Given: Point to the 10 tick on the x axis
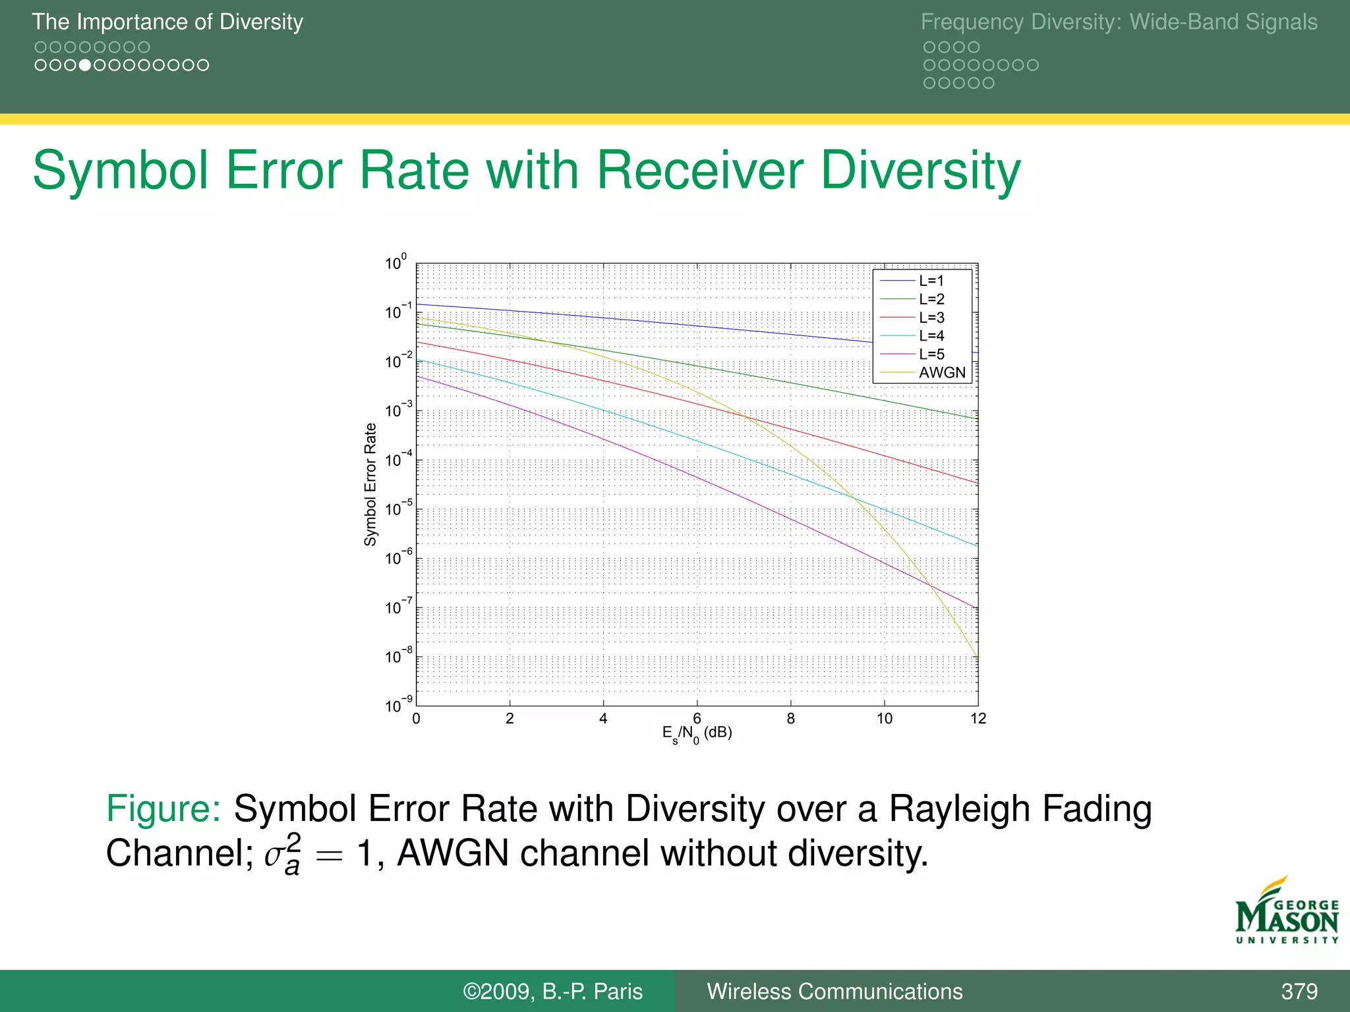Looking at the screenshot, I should [x=884, y=719].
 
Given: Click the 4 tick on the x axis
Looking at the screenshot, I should [x=603, y=719].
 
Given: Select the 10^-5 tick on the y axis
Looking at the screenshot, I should [x=398, y=509].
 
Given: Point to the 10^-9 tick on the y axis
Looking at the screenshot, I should [x=398, y=705].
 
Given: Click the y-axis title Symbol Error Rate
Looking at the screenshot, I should [x=370, y=484].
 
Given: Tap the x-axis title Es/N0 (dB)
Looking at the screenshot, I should [x=697, y=733].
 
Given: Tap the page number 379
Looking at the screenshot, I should [x=1299, y=991].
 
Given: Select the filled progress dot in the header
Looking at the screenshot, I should [x=84, y=65].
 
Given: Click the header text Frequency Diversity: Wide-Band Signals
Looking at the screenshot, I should [x=1119, y=22].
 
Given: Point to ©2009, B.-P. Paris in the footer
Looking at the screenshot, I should [x=552, y=991].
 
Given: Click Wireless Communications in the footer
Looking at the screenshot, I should [x=835, y=991].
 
